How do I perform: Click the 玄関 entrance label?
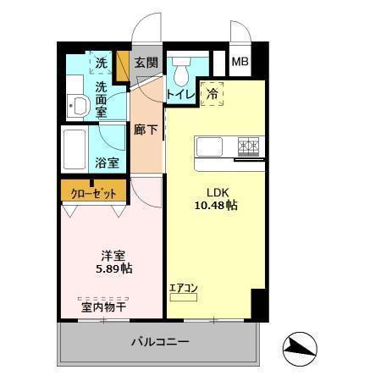click(x=146, y=63)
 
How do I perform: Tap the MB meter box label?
click(x=240, y=62)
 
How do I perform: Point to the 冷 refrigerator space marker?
click(x=213, y=94)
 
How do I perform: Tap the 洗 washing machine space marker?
click(x=102, y=62)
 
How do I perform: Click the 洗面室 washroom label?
click(x=102, y=98)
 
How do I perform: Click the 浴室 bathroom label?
click(x=107, y=162)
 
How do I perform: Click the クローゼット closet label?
click(x=93, y=192)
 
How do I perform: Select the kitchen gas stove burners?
click(x=248, y=146)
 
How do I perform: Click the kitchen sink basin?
click(x=209, y=146)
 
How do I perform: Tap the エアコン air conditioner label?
click(x=183, y=288)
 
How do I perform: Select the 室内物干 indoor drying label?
click(x=103, y=307)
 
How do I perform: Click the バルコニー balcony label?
click(x=159, y=343)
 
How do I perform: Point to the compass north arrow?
click(x=301, y=345)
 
